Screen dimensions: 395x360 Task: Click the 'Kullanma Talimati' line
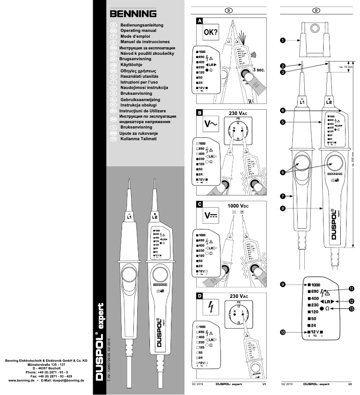139,139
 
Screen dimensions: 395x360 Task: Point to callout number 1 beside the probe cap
283,40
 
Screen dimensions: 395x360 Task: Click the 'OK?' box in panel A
211,33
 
